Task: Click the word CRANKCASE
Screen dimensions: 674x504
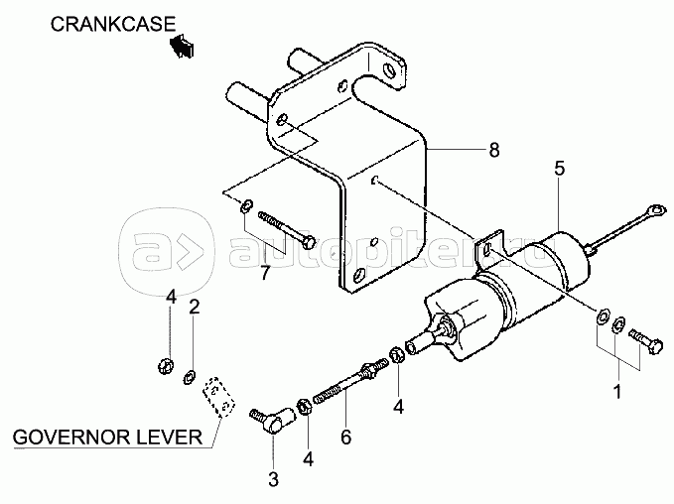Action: coord(113,24)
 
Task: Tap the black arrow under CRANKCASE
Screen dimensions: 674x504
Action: coord(182,45)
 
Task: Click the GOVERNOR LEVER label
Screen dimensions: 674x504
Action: coord(107,437)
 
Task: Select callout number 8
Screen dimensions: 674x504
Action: coord(494,150)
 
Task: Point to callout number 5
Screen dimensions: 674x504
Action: coord(559,169)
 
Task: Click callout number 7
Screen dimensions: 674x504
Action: coord(265,273)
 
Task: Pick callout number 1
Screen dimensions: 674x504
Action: coord(617,392)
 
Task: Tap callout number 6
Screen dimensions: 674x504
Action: coord(346,437)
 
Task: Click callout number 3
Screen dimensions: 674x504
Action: coord(273,479)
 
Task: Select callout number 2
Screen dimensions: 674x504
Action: coord(195,308)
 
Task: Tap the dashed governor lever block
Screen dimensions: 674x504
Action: coord(219,398)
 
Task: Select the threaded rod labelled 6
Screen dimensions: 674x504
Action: coord(351,381)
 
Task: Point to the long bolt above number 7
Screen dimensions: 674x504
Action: coord(287,230)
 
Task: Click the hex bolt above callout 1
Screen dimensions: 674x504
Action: coord(645,340)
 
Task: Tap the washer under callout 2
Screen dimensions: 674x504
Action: coord(189,377)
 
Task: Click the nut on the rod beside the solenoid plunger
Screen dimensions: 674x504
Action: coord(397,355)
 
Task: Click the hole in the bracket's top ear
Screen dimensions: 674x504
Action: coord(390,69)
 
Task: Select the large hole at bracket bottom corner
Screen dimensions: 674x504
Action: coord(359,274)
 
